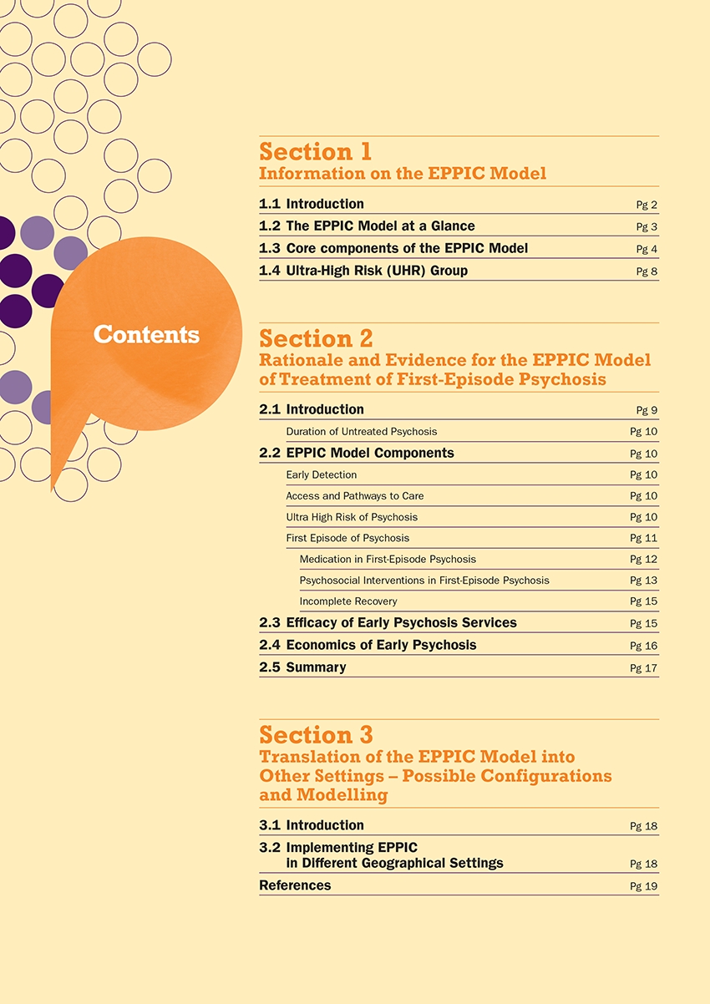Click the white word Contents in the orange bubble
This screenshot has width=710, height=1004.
coord(146,334)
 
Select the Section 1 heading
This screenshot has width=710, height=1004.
coord(315,152)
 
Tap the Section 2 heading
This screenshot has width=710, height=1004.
coord(316,338)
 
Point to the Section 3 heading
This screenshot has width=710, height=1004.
coord(316,735)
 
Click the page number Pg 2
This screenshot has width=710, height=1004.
coord(647,205)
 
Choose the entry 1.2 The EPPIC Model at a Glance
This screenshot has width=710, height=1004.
coord(380,226)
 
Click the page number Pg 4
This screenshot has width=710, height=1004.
coord(647,249)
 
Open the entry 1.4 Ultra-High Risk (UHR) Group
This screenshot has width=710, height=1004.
coord(377,271)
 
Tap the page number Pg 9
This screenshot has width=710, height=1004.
coord(647,410)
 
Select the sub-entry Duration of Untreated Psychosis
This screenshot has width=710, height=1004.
coord(361,432)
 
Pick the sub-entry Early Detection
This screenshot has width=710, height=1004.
coord(321,475)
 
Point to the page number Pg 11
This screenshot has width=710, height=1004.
coord(644,539)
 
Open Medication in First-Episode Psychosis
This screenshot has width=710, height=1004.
coord(388,559)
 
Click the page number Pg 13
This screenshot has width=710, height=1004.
coord(644,581)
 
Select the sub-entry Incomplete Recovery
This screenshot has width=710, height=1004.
coord(348,601)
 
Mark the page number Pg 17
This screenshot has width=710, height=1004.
coord(644,667)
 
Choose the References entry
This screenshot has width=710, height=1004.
coord(295,885)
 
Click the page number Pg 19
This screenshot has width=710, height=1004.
coord(644,886)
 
